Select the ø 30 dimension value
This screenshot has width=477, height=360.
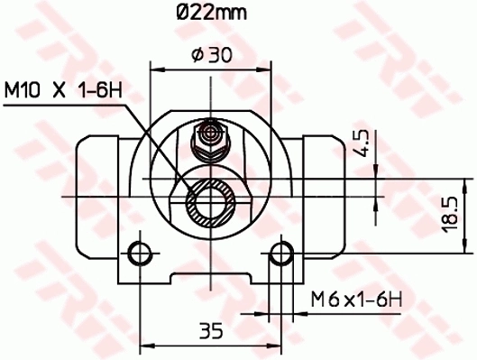(211, 56)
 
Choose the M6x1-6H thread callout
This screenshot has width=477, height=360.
(354, 298)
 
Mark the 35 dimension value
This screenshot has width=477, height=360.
(210, 329)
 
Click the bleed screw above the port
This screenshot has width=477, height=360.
(210, 135)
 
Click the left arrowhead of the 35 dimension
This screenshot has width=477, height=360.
(143, 344)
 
